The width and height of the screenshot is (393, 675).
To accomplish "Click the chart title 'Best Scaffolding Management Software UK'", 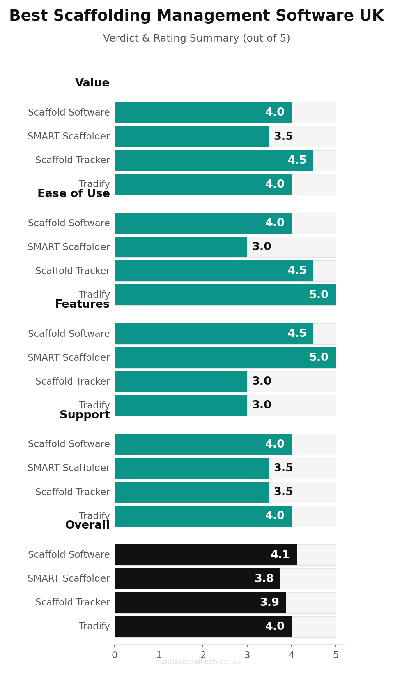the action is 196,16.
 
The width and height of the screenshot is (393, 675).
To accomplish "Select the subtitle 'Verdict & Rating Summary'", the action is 171,38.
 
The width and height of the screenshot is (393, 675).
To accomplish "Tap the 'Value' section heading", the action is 92,83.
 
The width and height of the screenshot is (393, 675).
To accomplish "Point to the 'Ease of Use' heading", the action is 74,193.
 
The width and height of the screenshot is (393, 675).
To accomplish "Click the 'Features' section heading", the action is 82,304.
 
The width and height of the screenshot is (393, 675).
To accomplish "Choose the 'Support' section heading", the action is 85,415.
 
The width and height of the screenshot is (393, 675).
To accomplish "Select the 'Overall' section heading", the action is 87,525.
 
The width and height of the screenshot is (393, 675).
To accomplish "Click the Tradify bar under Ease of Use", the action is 225,295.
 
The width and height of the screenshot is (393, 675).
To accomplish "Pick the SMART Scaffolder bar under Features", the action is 225,358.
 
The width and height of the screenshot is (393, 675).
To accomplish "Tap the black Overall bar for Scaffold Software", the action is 206,555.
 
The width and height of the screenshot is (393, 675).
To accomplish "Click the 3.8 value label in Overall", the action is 264,578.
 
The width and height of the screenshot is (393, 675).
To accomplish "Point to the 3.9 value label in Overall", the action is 270,602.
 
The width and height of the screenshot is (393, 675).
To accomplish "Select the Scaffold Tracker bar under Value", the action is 214,160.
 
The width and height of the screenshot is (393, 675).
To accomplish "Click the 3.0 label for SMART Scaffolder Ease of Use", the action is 262,246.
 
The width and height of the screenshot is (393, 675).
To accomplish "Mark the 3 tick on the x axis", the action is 247,654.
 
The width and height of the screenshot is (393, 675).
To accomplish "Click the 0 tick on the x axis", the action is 115,654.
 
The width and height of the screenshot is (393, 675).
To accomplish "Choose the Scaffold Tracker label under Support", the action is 73,492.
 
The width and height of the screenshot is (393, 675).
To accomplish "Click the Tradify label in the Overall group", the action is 94,626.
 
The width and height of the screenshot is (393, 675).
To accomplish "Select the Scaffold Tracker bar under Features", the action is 181,381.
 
